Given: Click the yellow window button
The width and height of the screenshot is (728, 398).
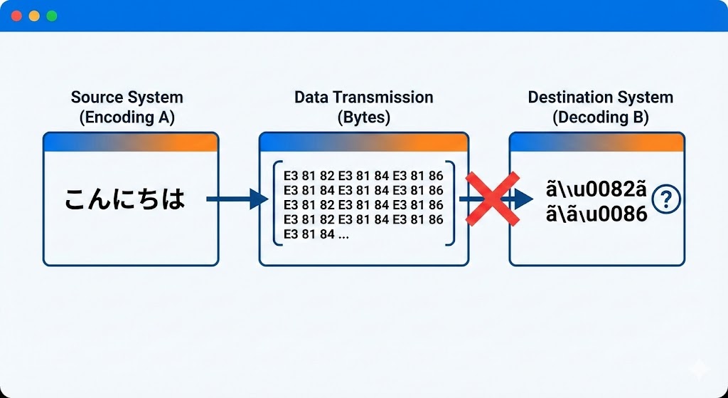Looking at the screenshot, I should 34,16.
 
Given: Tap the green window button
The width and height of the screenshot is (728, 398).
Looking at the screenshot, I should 51,16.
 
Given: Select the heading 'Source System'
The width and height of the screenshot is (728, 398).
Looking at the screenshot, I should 127,98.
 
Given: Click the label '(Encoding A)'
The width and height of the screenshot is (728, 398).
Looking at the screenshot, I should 127,117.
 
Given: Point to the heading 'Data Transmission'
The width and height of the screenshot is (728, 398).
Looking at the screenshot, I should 363,98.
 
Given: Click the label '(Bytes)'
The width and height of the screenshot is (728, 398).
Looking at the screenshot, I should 363,117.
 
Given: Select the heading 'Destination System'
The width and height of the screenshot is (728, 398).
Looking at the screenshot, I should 600,98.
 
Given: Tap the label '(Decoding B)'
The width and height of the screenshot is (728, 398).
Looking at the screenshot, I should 600,117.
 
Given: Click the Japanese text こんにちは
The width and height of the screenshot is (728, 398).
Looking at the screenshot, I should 125,200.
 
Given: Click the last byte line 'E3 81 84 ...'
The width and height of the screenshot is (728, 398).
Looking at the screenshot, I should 316,234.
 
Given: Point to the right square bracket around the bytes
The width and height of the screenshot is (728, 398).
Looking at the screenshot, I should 451,203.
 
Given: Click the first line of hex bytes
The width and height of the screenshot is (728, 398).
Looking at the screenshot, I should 363,176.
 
